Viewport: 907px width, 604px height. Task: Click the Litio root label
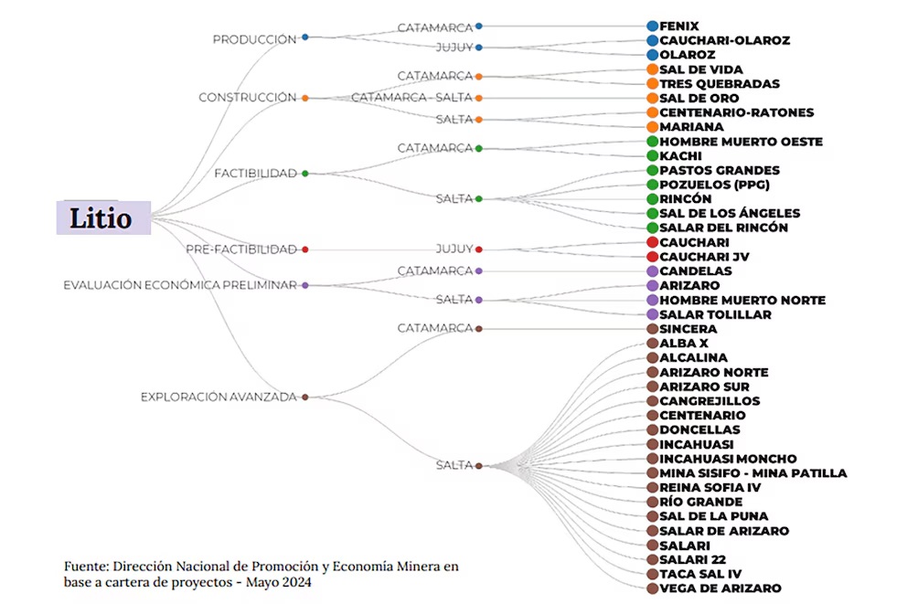coord(103,217)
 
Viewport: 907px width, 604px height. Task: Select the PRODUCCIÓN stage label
coord(254,39)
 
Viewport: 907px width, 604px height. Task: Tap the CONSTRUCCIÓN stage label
coord(248,98)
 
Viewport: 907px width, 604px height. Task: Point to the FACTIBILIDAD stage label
coord(255,173)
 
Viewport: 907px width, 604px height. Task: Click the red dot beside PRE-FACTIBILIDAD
coord(305,249)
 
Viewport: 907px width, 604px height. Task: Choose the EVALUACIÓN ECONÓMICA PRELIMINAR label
coord(179,285)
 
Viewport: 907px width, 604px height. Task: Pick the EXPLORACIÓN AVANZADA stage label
coord(219,397)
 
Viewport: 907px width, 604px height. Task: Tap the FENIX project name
coord(678,26)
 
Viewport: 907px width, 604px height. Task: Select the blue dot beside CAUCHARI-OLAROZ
coord(652,40)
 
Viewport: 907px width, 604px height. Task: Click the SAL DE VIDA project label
coord(701,69)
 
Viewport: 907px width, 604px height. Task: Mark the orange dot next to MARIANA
coord(652,127)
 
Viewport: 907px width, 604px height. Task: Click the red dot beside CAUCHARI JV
coord(652,257)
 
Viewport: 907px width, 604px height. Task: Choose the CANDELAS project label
coord(695,271)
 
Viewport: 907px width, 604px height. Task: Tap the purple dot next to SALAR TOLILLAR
coord(652,314)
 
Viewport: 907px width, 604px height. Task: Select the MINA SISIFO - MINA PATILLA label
coord(752,473)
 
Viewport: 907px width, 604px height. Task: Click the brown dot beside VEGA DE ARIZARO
coord(652,588)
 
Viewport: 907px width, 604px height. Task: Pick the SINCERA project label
coord(688,329)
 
